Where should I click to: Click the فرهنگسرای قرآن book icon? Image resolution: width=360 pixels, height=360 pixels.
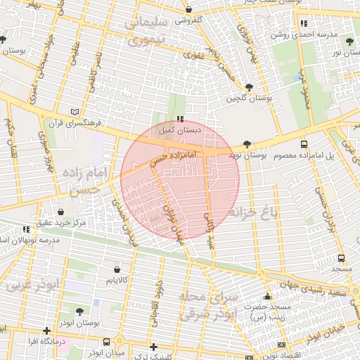pyautogui.click(x=76, y=112)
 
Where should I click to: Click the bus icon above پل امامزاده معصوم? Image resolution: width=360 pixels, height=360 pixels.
pyautogui.click(x=304, y=143)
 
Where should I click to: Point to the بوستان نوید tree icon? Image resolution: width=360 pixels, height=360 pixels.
pyautogui.click(x=246, y=144)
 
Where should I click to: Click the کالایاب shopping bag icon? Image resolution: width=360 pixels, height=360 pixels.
pyautogui.click(x=117, y=269)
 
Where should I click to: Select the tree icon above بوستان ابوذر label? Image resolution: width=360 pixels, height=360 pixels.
pyautogui.click(x=79, y=311)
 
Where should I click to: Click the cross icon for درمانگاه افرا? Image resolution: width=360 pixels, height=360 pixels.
pyautogui.click(x=46, y=330)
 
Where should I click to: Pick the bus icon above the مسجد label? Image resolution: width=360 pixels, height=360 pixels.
pyautogui.click(x=342, y=258)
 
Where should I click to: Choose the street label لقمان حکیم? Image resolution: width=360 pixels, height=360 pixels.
pyautogui.click(x=10, y=134)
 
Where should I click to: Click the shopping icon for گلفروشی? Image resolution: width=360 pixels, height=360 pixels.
pyautogui.click(x=190, y=9)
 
